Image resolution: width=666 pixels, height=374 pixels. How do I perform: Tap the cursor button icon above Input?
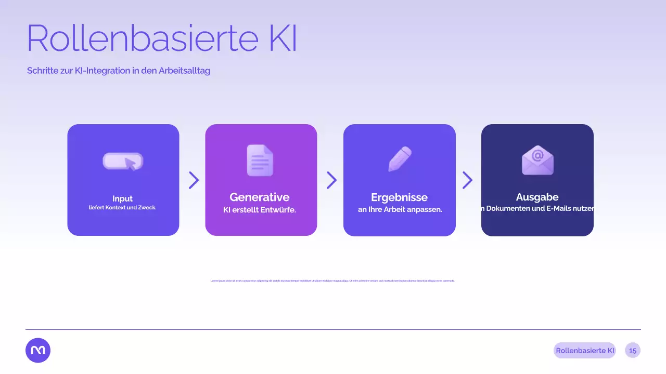[123, 162]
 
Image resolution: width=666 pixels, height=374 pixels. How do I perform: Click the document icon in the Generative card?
[260, 160]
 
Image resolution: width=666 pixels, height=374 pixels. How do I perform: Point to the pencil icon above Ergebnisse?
[400, 159]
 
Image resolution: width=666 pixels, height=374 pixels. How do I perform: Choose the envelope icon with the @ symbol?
[537, 160]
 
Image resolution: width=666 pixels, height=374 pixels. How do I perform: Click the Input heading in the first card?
[123, 198]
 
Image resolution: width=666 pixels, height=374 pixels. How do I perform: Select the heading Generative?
[260, 197]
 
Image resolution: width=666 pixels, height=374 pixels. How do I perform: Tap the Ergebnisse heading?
[399, 197]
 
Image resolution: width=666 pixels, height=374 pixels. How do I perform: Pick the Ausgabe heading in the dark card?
[537, 197]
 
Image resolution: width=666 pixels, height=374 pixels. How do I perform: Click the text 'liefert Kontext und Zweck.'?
[123, 208]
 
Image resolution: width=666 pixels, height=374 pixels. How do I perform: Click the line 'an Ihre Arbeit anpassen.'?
[400, 210]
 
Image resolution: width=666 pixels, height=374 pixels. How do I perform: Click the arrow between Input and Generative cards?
[194, 180]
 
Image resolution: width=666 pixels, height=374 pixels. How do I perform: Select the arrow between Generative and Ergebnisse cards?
[331, 180]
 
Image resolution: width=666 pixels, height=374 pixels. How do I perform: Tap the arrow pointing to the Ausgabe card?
[467, 180]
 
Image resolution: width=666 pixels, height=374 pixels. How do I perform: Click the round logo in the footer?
[38, 351]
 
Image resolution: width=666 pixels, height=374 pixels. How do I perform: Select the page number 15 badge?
[633, 351]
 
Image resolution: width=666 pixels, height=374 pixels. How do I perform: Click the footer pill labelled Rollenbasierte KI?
[585, 351]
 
